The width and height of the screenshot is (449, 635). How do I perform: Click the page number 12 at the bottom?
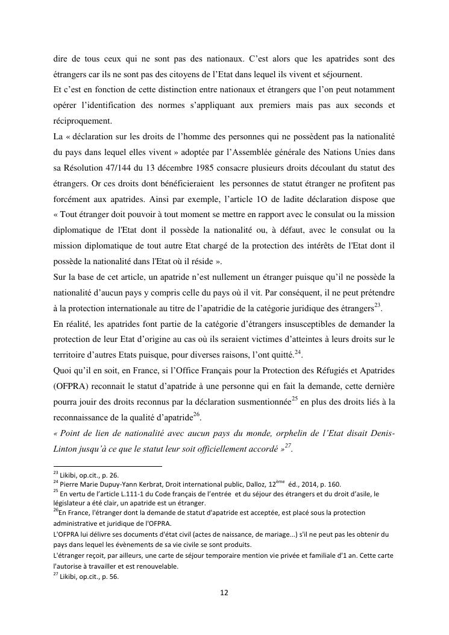point(224,593)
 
